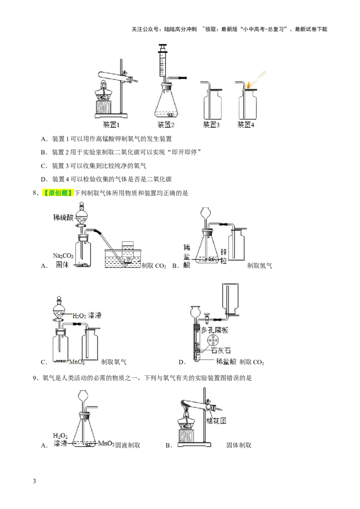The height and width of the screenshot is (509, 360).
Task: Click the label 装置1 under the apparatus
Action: click(111, 125)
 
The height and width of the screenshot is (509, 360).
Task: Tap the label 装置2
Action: click(166, 125)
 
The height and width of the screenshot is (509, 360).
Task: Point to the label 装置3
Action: click(211, 125)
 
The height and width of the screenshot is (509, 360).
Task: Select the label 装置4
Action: click(246, 125)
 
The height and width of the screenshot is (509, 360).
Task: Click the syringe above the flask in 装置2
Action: click(163, 62)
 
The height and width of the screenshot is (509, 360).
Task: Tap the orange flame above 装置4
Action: click(248, 85)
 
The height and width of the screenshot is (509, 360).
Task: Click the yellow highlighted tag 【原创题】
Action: click(58, 193)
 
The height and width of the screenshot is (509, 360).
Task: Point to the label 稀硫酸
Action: click(63, 217)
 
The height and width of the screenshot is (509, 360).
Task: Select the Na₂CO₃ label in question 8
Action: click(63, 256)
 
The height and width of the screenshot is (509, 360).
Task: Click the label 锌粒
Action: click(224, 256)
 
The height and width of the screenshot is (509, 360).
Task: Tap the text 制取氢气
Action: click(260, 266)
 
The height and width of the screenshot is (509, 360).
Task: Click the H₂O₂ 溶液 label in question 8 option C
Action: click(87, 315)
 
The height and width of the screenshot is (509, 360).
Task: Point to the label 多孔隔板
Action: click(215, 330)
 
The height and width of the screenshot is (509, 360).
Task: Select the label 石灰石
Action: click(220, 351)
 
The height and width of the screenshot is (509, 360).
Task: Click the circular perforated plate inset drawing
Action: click(213, 340)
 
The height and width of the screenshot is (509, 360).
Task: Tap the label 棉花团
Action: click(216, 421)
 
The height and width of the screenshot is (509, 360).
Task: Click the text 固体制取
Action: click(239, 445)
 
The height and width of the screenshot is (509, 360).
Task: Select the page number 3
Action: click(35, 481)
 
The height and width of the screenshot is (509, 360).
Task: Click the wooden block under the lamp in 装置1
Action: click(103, 107)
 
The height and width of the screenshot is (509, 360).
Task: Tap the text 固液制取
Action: click(128, 445)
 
